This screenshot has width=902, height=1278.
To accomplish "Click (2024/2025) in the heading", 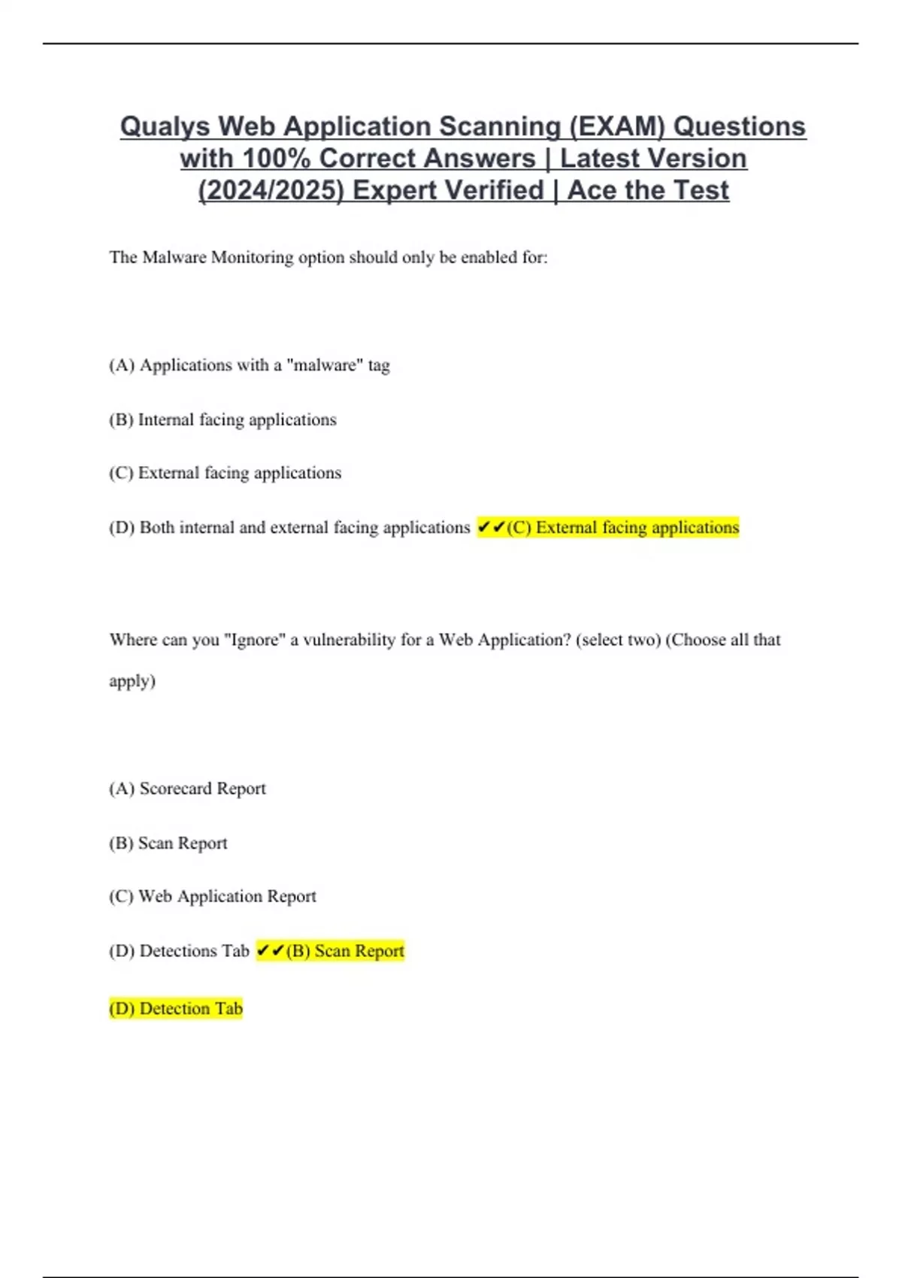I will [x=271, y=190].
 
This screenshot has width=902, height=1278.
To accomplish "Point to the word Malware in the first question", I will [x=174, y=257].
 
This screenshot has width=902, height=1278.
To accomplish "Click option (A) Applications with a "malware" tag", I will [x=250, y=365].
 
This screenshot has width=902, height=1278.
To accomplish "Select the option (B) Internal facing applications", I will [x=222, y=419].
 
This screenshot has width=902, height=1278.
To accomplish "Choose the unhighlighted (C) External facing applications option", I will [x=225, y=473].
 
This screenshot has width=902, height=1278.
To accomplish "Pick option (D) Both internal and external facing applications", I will [x=289, y=528].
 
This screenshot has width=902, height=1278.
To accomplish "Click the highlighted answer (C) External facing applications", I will [x=623, y=528].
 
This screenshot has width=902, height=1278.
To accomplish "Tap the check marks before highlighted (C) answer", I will [x=491, y=528].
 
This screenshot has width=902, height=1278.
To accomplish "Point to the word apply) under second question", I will [x=132, y=681].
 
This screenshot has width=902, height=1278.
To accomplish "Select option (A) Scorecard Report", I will [x=187, y=789].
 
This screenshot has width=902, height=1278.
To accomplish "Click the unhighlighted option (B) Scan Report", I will [x=168, y=843].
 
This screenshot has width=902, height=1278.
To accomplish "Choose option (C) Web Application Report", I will [x=213, y=896].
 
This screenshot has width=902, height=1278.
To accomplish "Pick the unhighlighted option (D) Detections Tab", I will [x=179, y=951].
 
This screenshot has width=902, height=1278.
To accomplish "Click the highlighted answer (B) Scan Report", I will [x=345, y=951].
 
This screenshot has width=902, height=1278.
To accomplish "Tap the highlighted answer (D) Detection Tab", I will [x=176, y=1009].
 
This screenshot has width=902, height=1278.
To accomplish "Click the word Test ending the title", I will [x=701, y=190].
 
